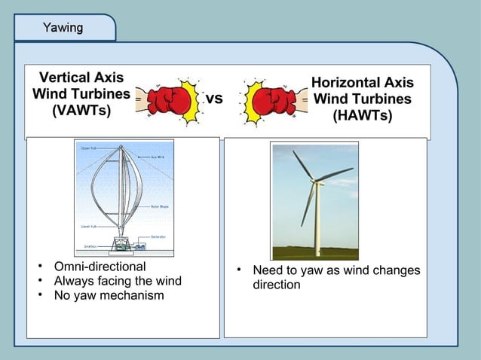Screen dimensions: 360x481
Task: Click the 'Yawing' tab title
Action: (x=63, y=29)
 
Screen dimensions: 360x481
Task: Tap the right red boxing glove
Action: (x=271, y=100)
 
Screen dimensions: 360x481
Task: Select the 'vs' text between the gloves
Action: (x=214, y=99)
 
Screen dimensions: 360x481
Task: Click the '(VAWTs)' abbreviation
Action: (x=81, y=111)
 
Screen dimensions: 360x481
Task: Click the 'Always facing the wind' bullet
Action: (x=117, y=281)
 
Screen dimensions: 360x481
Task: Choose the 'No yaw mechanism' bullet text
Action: (x=109, y=295)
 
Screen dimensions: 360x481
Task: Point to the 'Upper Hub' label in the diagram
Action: (x=88, y=148)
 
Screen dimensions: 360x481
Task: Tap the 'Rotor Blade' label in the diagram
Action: (x=159, y=206)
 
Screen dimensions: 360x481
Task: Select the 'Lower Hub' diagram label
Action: (x=87, y=224)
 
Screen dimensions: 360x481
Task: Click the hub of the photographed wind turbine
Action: (x=315, y=180)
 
